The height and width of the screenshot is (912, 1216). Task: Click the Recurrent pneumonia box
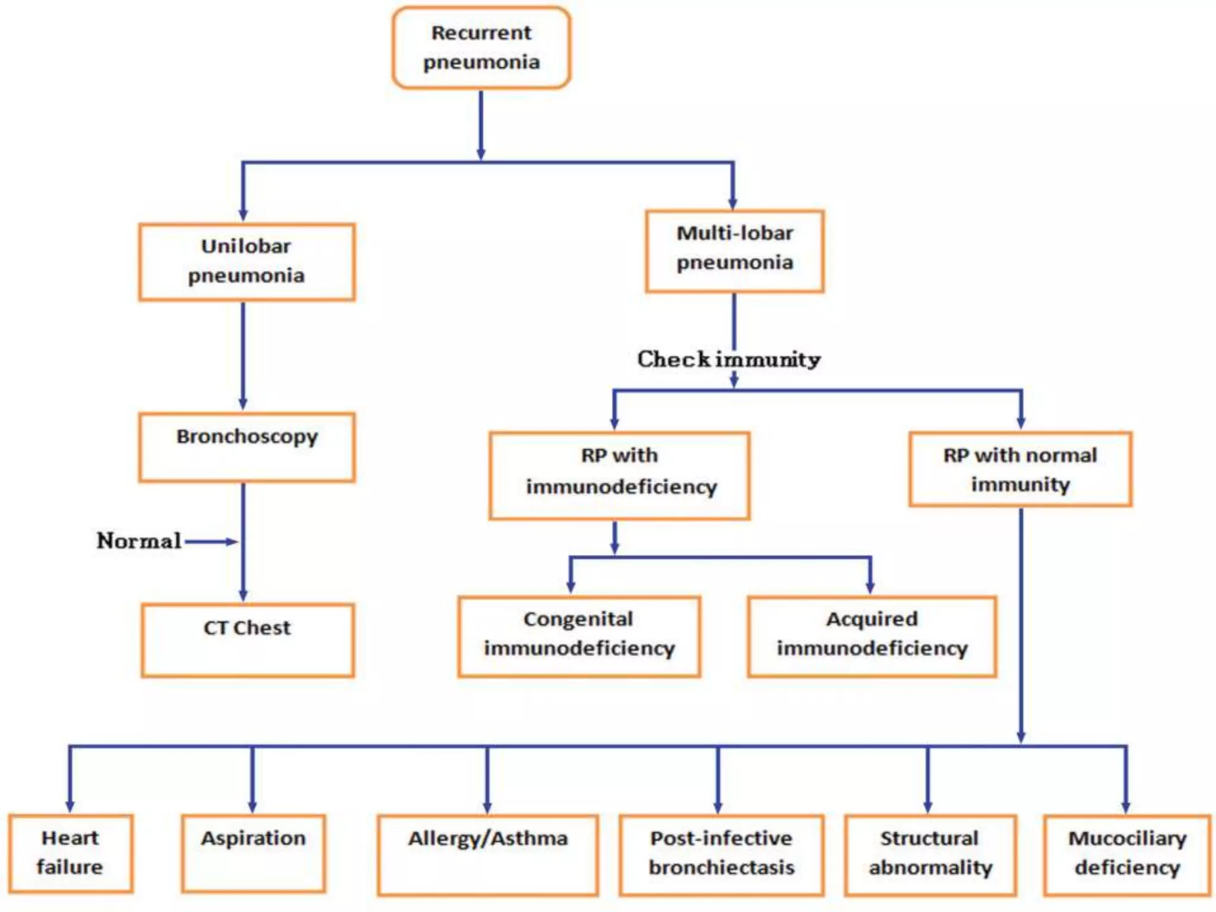coord(481,47)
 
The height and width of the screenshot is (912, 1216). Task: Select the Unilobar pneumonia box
coord(246,261)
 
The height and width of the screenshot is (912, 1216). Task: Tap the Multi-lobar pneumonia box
coord(734,251)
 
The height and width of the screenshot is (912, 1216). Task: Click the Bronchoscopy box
coord(246,446)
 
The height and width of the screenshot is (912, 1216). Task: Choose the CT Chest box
coord(248,639)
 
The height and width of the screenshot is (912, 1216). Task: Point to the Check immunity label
coord(729,359)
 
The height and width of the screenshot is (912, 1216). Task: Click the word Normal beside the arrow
coord(139,541)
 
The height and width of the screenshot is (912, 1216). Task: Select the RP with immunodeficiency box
coord(619,475)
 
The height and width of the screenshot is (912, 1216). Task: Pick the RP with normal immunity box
coord(1020,469)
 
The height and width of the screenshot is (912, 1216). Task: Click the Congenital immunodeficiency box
coord(579,636)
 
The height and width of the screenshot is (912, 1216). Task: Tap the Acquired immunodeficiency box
coord(872,636)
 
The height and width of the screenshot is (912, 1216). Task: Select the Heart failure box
coord(70,853)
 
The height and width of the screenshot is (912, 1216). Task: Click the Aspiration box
coord(253,853)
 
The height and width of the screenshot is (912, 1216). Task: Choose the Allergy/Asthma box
coord(487,854)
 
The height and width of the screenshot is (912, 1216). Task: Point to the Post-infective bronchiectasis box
coord(721,854)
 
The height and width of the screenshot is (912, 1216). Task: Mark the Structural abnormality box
coord(930,854)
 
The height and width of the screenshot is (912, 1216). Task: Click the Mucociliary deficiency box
coord(1126,854)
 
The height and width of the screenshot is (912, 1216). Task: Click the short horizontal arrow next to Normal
coord(211,541)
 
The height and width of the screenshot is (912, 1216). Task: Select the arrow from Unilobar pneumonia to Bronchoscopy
coord(243,356)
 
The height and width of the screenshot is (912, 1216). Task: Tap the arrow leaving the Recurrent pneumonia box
coord(481,125)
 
